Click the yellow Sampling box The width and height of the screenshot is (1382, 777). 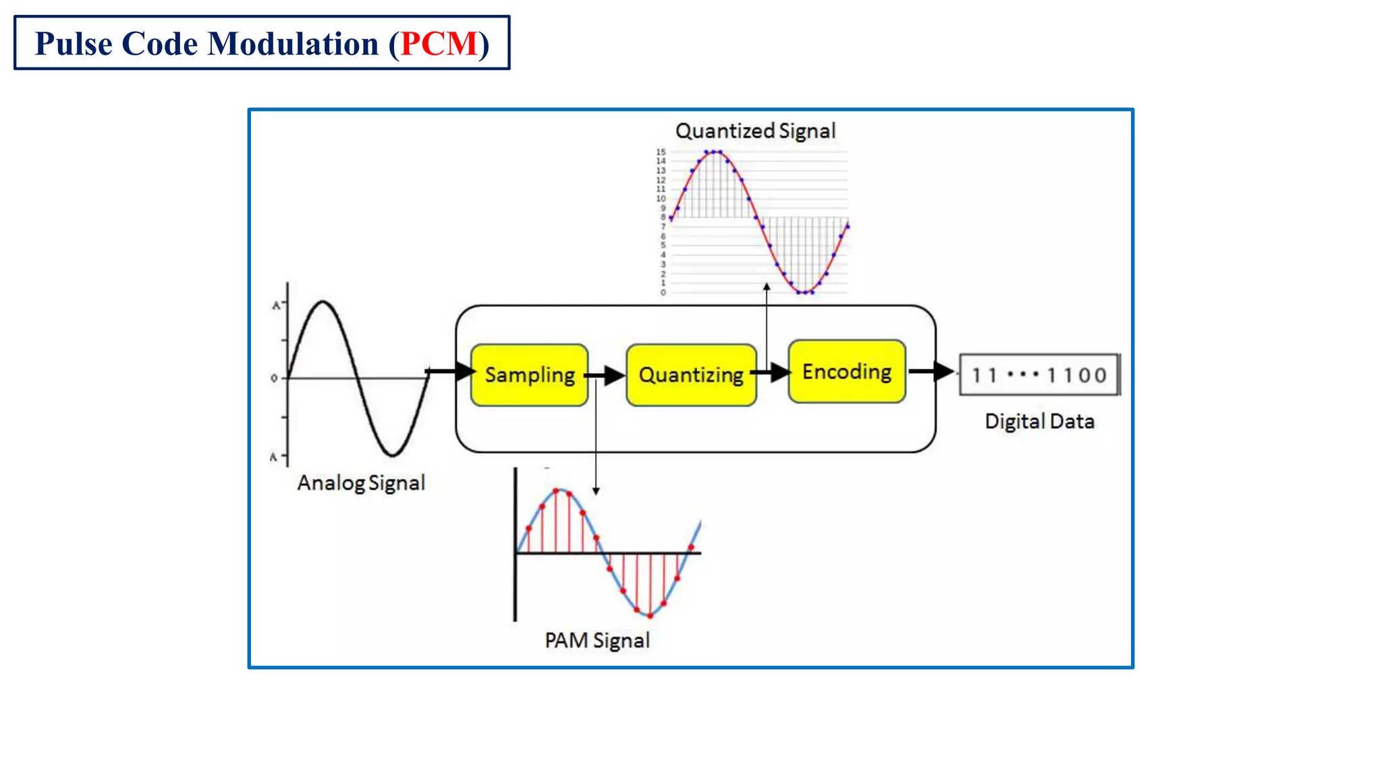[x=529, y=375]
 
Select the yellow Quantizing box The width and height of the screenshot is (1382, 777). [x=691, y=375]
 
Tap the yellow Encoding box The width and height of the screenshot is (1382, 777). [x=847, y=372]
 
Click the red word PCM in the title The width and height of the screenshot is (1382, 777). [x=439, y=44]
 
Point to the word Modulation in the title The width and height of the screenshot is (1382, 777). [x=293, y=44]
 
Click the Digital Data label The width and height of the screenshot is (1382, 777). [x=1039, y=422]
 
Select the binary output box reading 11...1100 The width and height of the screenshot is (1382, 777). [x=1039, y=374]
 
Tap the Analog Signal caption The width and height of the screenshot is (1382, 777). [x=361, y=483]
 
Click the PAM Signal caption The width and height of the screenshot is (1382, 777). [x=597, y=640]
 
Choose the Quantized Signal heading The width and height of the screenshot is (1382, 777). [x=755, y=131]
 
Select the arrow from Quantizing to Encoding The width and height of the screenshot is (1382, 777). [x=771, y=372]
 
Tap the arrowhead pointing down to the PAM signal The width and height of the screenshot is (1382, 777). [x=596, y=491]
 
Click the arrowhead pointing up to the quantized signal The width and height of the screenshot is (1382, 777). [x=767, y=287]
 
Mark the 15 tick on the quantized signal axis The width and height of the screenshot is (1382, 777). [x=661, y=152]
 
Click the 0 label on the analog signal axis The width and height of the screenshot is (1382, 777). [x=274, y=378]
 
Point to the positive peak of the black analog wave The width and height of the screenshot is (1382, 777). [x=323, y=301]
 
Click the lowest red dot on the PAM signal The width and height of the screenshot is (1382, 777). [x=650, y=615]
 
